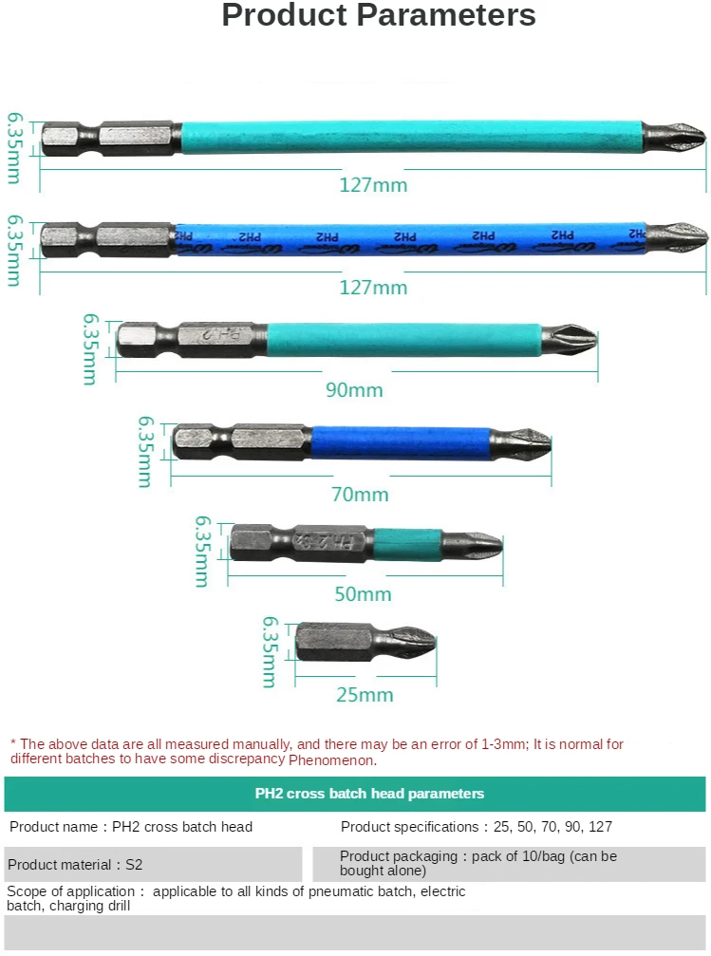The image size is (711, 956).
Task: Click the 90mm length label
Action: click(353, 390)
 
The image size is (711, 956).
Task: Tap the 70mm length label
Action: click(360, 495)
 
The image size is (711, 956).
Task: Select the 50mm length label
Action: click(364, 594)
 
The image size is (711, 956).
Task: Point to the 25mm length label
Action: click(365, 695)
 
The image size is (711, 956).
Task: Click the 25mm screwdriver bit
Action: click(365, 642)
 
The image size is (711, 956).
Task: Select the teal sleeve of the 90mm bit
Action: click(403, 339)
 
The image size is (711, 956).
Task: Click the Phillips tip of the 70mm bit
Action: click(522, 441)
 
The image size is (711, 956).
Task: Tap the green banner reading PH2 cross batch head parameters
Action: click(355, 794)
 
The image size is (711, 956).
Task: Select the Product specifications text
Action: click(476, 827)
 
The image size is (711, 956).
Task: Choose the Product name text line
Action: click(131, 827)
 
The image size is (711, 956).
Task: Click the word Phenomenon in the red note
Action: click(332, 760)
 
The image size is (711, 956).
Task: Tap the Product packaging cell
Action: click(509, 863)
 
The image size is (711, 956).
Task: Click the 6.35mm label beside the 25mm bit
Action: click(269, 652)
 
